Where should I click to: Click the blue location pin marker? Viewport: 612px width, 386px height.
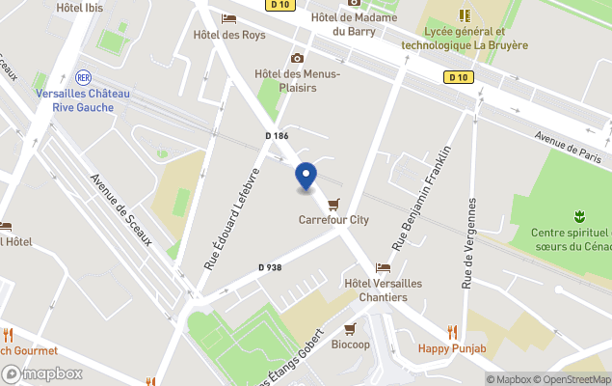[x=305, y=177]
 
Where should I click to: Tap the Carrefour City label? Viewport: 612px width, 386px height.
[x=333, y=220]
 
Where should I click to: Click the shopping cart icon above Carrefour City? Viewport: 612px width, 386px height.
[x=333, y=205]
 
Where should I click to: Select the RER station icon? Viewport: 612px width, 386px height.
[x=83, y=76]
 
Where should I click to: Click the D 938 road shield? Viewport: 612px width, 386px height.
[x=269, y=267]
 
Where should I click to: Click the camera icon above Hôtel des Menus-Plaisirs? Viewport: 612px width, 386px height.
[x=297, y=58]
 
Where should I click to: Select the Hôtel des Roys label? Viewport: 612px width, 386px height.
[x=228, y=36]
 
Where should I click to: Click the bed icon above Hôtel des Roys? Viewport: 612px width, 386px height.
[x=228, y=18]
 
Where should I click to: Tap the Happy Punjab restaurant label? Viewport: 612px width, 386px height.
[x=450, y=348]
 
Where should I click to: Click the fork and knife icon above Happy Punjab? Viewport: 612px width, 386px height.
[x=450, y=331]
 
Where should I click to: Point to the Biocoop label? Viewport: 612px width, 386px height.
[x=351, y=345]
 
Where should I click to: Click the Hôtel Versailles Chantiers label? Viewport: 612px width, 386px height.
[x=383, y=289]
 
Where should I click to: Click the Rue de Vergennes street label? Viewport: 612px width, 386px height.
[x=469, y=243]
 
